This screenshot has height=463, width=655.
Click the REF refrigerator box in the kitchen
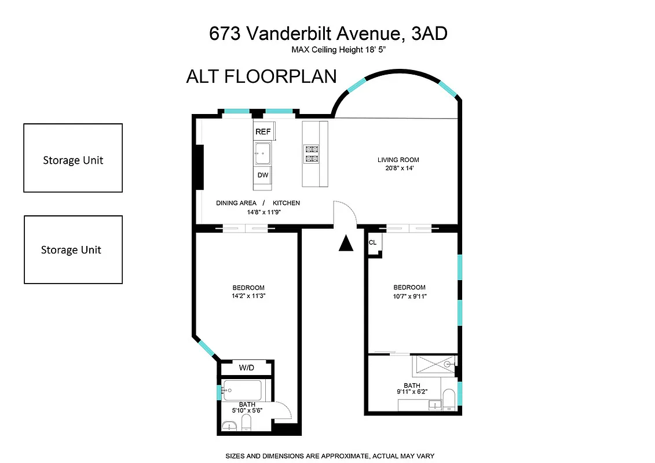263,131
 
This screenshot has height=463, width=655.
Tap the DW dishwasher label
263,175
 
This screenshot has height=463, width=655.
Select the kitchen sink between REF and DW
262,153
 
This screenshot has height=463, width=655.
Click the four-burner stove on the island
311,153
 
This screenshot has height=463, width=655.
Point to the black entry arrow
346,244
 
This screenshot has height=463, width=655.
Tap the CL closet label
372,242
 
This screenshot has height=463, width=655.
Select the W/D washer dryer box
246,368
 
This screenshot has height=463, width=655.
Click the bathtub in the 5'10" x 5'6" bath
242,391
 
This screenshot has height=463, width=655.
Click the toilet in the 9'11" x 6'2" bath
448,399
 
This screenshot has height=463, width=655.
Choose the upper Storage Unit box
73,158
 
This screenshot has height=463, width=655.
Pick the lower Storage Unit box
73,249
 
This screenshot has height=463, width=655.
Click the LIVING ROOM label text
398,160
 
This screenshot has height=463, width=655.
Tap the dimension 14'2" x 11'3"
248,296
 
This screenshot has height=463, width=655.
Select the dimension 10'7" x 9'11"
409,296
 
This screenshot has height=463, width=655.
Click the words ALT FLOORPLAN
261,77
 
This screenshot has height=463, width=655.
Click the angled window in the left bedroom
206,348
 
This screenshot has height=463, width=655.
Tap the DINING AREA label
236,203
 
